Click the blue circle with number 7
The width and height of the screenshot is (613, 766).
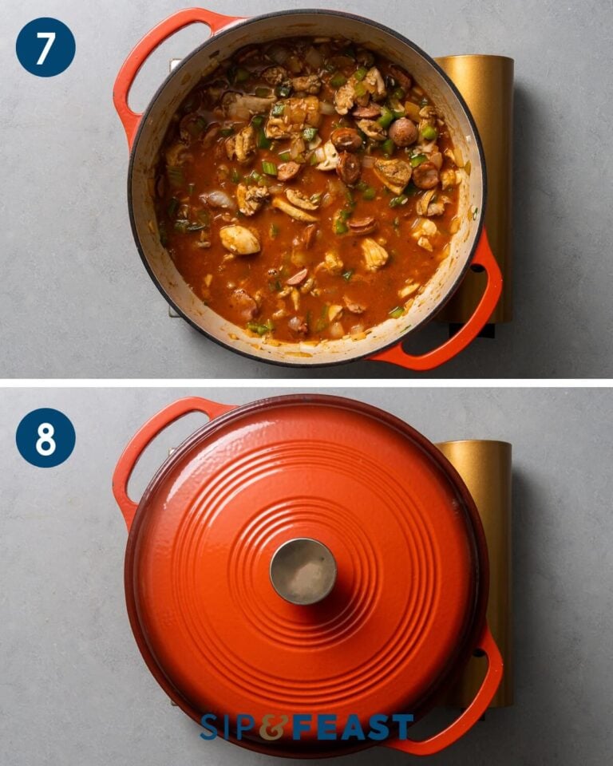[x=45, y=47]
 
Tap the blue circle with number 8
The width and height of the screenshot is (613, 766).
[x=45, y=438]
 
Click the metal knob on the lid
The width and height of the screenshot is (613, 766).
[x=303, y=571]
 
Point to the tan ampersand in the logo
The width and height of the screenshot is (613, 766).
[x=271, y=727]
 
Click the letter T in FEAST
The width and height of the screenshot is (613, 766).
[x=401, y=727]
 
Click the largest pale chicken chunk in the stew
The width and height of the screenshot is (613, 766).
[x=239, y=239]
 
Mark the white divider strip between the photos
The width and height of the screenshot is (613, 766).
[x=306, y=383]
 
